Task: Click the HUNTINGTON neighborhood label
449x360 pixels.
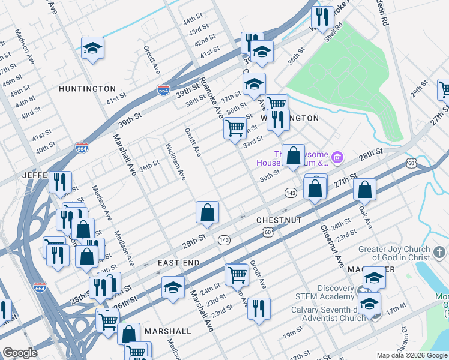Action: [x=87, y=89]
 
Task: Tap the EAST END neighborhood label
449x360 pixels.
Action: [x=178, y=263]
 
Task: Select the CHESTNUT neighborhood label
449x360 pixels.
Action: [x=279, y=220]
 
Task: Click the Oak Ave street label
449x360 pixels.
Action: [x=366, y=217]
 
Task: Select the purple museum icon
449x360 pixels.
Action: [x=337, y=158]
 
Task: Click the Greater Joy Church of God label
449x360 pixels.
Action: [x=394, y=253]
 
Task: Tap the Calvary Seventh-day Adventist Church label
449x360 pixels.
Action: [x=328, y=314]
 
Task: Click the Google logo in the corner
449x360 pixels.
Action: [x=20, y=353]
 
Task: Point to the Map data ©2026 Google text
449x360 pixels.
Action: [x=412, y=355]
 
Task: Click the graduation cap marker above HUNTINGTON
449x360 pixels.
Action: [x=93, y=47]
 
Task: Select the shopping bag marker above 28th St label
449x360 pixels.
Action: [x=207, y=212]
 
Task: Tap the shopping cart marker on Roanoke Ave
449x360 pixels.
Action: [x=235, y=128]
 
